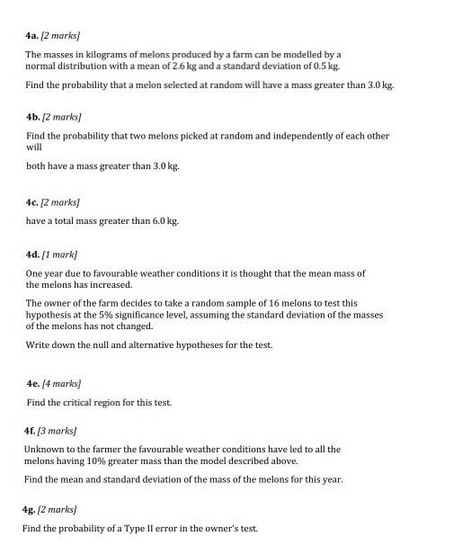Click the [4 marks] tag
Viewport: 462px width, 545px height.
[67, 384]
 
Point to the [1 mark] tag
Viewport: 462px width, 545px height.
[63, 255]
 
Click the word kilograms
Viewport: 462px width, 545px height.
[104, 56]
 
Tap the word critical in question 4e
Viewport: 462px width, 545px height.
[83, 402]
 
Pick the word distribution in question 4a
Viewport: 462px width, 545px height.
[88, 67]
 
